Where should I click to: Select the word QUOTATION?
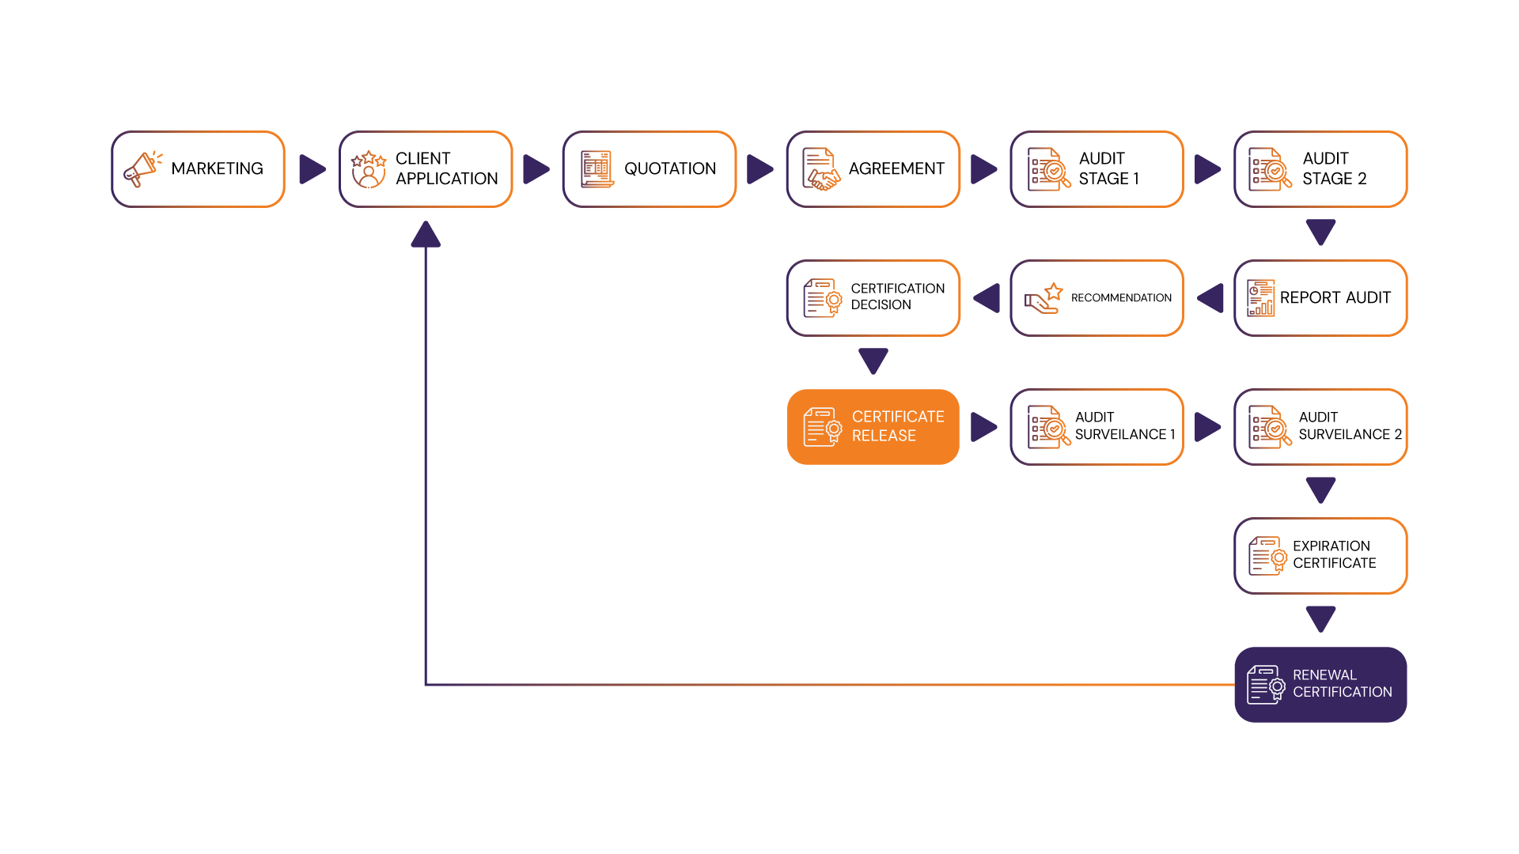tap(669, 168)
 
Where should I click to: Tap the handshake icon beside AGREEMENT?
tap(820, 169)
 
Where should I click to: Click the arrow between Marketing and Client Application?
tap(312, 169)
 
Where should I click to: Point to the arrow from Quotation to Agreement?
tap(759, 169)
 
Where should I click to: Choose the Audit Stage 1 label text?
tap(1108, 168)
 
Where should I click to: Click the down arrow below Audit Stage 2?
tap(1320, 232)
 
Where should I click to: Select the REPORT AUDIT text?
tap(1335, 297)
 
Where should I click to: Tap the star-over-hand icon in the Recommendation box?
tap(1044, 298)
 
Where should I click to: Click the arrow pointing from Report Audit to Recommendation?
tap(1210, 298)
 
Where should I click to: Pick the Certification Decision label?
tap(897, 297)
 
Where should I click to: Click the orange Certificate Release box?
tap(873, 427)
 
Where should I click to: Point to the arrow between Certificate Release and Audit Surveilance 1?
tap(983, 427)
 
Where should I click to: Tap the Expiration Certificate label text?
tap(1334, 554)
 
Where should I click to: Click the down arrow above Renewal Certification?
tap(1320, 618)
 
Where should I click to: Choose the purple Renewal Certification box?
tap(1320, 684)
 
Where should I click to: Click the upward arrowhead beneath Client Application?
tap(426, 234)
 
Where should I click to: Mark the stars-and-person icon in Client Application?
tap(368, 169)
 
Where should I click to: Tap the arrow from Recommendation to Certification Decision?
tap(987, 298)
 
